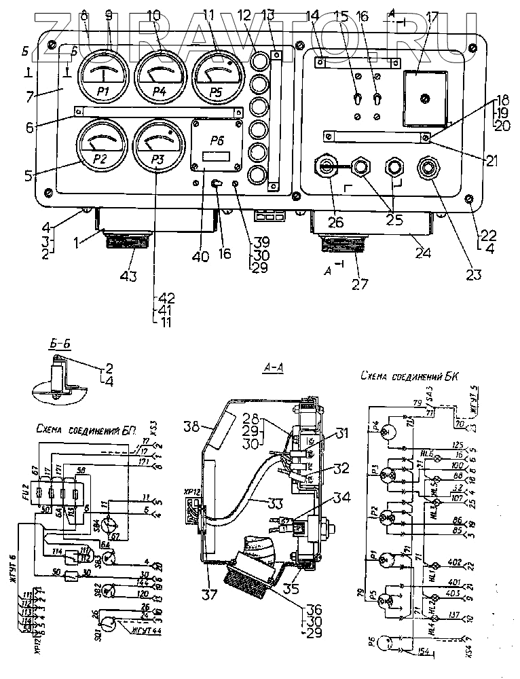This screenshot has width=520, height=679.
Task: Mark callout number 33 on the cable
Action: point(257,504)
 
